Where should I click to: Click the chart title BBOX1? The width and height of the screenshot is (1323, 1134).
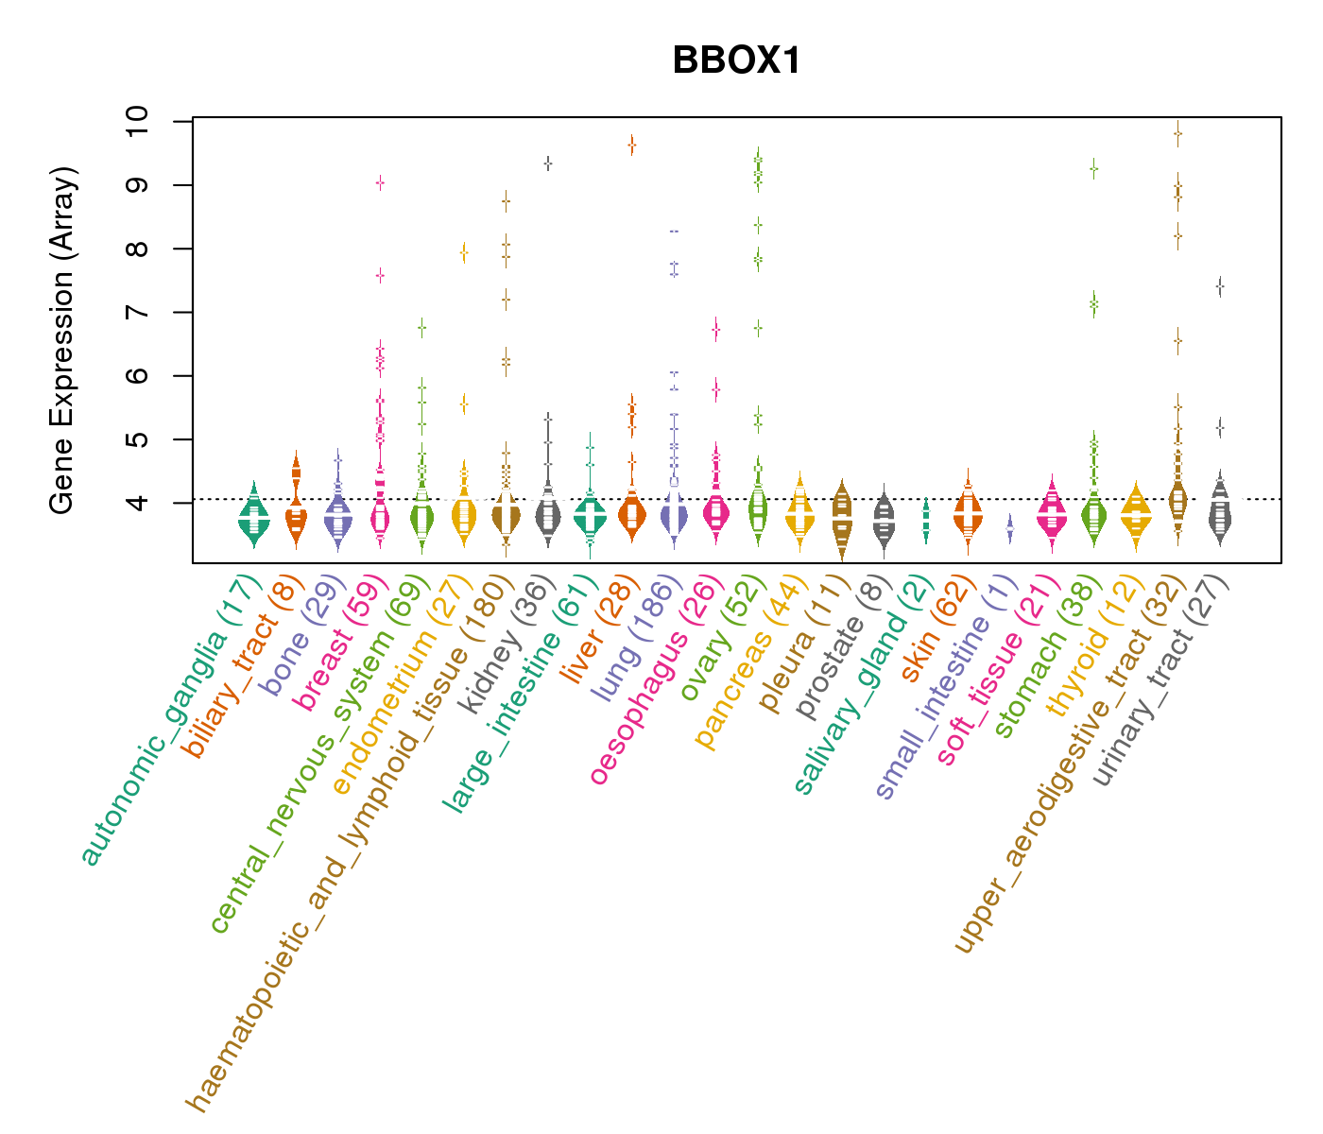coord(736,60)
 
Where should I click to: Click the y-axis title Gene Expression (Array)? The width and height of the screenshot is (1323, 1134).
coord(62,340)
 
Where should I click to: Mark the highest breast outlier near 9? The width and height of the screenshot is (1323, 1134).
coord(380,182)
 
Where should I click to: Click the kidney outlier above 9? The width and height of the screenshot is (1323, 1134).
coord(547,163)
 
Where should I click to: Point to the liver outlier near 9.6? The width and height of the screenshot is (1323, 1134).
coord(631,145)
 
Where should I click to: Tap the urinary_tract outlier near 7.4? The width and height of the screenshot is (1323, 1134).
coord(1220,284)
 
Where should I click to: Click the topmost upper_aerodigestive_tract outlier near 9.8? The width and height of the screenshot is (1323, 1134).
coord(1177,133)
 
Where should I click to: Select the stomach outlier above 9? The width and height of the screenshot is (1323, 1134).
coord(1093,169)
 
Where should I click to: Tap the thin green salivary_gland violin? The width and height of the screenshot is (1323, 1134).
coord(926,520)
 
